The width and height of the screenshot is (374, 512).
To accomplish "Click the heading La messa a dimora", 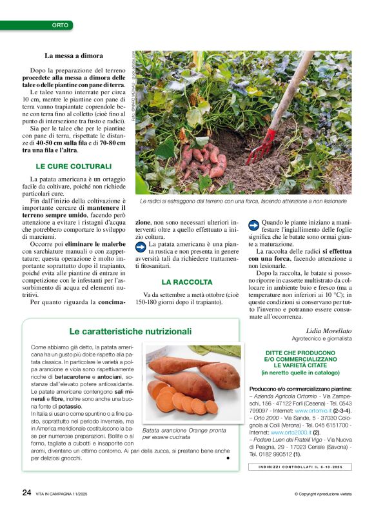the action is click(74, 56).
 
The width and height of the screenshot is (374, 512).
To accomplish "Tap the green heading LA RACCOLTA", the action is click(186, 282).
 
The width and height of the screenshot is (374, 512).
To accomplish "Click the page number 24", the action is click(26, 492).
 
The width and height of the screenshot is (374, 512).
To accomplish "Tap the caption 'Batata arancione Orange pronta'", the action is click(184, 429).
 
